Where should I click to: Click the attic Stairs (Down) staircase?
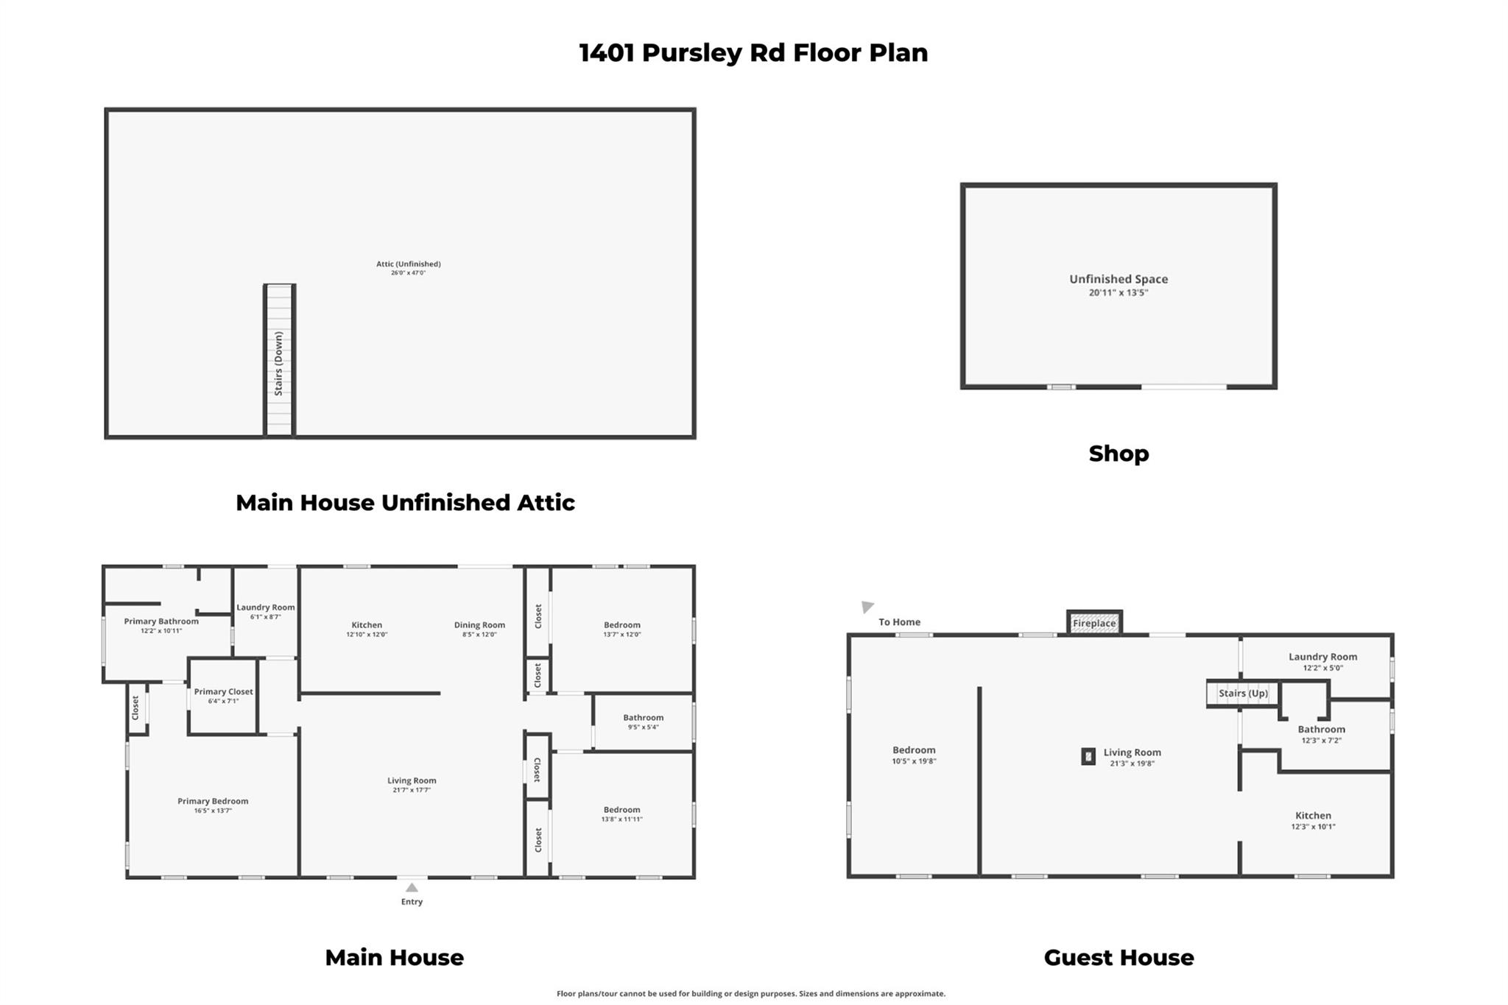click(279, 360)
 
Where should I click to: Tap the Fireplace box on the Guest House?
click(1094, 623)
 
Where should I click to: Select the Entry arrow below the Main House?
click(412, 888)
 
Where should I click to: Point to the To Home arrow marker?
click(867, 607)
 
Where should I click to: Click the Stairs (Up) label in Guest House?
click(1243, 694)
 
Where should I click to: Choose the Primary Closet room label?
click(223, 692)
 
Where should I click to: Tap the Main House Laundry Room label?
click(265, 608)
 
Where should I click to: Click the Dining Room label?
click(479, 625)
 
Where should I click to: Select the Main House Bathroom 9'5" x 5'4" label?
click(643, 718)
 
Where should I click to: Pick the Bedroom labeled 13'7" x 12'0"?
click(621, 625)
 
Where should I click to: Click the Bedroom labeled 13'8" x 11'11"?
click(621, 810)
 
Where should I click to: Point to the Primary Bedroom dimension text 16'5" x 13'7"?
click(213, 811)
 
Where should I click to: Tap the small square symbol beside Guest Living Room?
click(1088, 756)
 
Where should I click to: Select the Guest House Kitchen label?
click(1313, 816)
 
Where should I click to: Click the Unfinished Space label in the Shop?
click(1118, 279)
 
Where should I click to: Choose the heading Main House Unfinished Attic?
click(405, 503)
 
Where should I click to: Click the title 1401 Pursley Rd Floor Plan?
click(753, 53)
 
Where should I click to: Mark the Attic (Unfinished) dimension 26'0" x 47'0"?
click(408, 273)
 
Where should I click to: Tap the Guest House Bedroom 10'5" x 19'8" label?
click(914, 750)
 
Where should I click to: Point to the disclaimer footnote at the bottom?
click(750, 994)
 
